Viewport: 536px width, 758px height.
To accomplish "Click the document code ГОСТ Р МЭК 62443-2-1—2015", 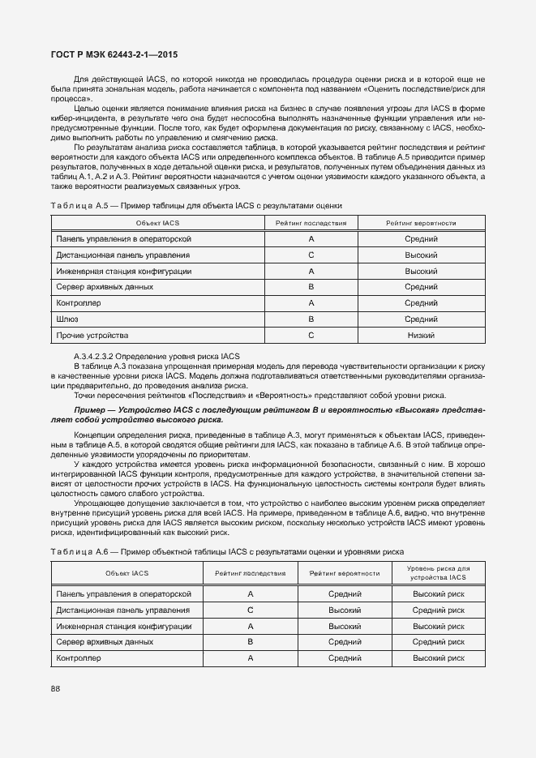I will pos(114,55).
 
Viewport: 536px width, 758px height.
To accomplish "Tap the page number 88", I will pos(55,688).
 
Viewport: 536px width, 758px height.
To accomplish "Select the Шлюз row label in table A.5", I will pos(66,319).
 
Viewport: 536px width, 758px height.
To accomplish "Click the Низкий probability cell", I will pos(421,335).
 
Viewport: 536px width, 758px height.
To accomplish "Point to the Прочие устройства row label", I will pos(92,335).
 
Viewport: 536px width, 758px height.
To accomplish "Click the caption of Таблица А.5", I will pos(196,207).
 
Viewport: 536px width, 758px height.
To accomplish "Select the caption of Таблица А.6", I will pos(227,552).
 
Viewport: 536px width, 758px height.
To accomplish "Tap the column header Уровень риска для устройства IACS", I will pos(438,573).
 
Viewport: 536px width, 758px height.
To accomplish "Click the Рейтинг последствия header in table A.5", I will pos(311,223).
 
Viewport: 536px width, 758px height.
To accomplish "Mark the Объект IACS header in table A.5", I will pos(157,223).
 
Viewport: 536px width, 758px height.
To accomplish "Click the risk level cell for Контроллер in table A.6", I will pos(438,658).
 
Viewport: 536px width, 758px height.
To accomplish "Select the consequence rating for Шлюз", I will pos(311,319).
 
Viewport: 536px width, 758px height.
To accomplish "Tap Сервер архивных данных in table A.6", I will pos(105,642).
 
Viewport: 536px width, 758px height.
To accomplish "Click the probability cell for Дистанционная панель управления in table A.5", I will pos(421,255).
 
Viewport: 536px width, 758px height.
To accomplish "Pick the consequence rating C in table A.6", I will pos(251,610).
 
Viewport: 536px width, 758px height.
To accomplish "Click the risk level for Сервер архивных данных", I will pos(438,642).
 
